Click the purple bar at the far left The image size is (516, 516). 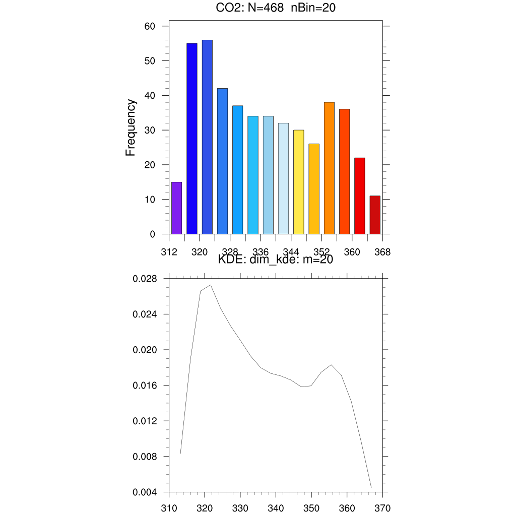click(176, 208)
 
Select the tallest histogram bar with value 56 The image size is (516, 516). click(207, 137)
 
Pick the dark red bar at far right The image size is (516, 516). click(374, 215)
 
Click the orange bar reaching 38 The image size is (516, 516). click(329, 168)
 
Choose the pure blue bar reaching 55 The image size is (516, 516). click(192, 139)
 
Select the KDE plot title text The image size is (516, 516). click(275, 260)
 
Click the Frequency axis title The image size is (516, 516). click(131, 127)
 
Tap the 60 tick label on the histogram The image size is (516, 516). click(150, 26)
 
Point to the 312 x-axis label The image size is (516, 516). click(169, 251)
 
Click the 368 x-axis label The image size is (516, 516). click(382, 251)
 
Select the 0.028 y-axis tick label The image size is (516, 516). click(145, 279)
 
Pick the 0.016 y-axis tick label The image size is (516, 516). click(145, 385)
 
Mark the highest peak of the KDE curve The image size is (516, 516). click(210, 285)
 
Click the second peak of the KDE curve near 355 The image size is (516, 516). click(331, 365)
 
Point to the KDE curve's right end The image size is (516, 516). click(371, 487)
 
